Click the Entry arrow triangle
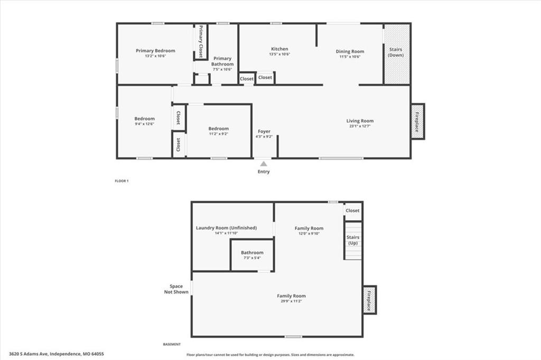(x=264, y=164)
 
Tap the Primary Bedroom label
(x=155, y=51)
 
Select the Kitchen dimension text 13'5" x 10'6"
(x=279, y=54)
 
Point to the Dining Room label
(x=350, y=51)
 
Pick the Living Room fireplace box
(x=417, y=121)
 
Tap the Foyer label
(x=264, y=131)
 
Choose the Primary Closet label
(x=201, y=41)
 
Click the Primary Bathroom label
(x=222, y=61)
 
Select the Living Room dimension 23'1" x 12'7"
(x=360, y=126)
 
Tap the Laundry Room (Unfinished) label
(x=226, y=228)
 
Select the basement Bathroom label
(x=252, y=253)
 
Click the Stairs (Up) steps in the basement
(x=353, y=241)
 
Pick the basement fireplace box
(x=369, y=300)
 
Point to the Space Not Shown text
(x=176, y=289)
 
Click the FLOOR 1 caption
(x=122, y=181)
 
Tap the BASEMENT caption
(x=172, y=344)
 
